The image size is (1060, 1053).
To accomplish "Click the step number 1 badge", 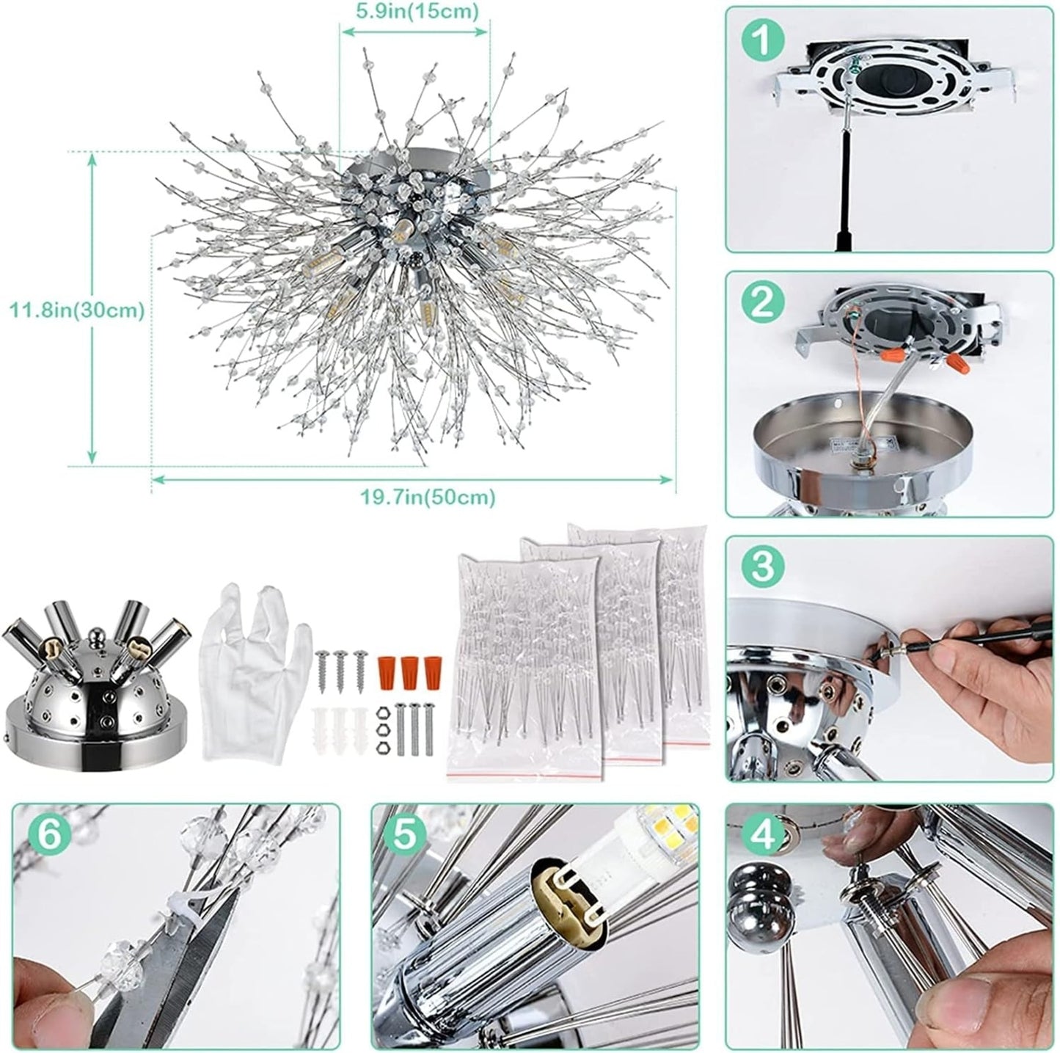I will coord(763,40).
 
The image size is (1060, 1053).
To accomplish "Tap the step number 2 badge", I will coord(763,303).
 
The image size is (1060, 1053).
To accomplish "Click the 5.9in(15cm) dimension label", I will coord(414,11).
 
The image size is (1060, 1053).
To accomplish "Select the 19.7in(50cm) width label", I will coord(428,497).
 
